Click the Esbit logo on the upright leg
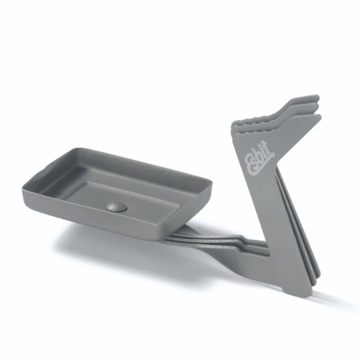[x=260, y=157]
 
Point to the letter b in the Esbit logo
[x=261, y=153]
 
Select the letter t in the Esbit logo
[x=270, y=146]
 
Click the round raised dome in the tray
[x=117, y=207]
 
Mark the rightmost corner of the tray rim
[x=211, y=181]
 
